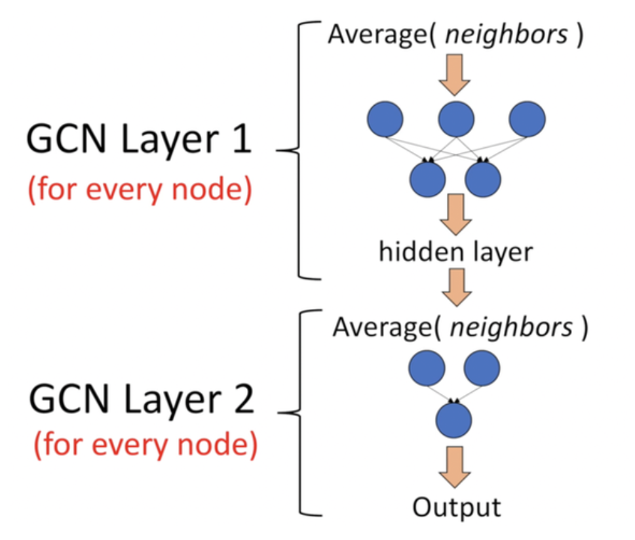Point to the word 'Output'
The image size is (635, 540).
456,507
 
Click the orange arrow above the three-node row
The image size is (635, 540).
456,74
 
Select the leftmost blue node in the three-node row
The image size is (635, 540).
385,118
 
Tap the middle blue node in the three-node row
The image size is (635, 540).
456,118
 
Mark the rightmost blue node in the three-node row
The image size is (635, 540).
527,118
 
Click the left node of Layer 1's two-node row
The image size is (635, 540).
427,177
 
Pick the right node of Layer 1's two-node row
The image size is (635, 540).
484,177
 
